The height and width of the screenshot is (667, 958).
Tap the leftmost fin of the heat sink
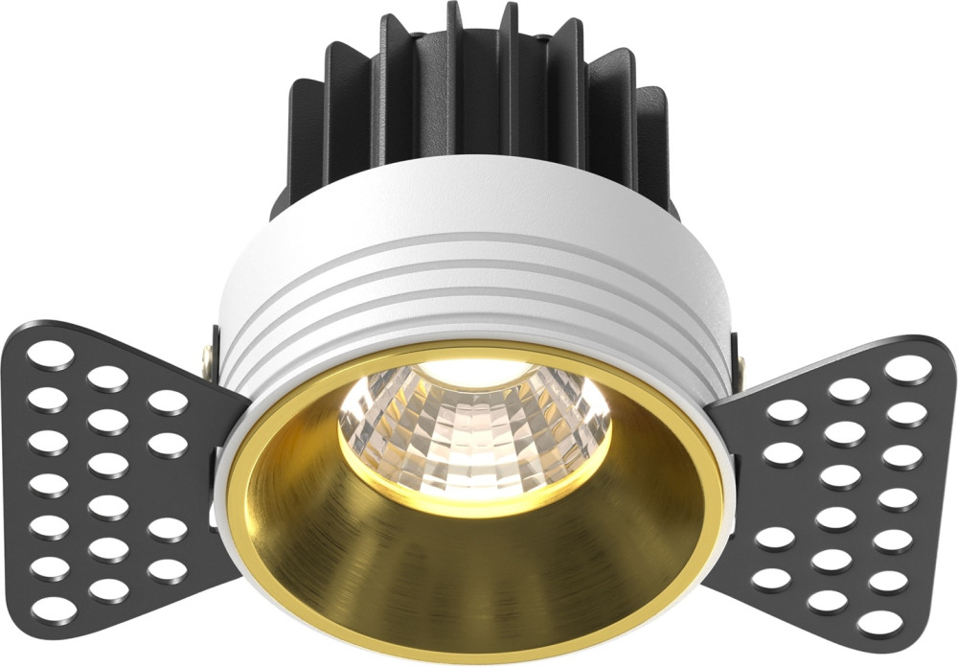304,144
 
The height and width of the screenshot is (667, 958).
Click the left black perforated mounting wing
105,479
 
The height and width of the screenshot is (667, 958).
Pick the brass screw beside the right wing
741,362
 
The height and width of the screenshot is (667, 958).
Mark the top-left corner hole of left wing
44,354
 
